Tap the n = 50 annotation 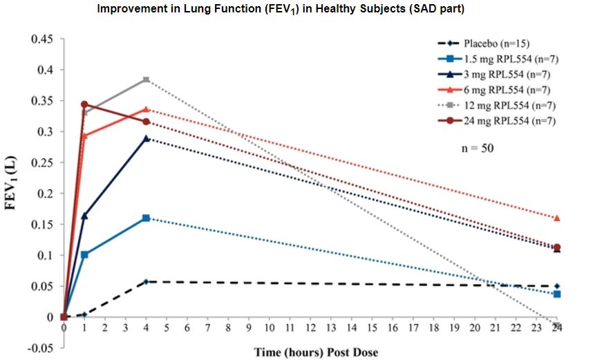coord(476,147)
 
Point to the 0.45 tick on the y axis coord(43,39)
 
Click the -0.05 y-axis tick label coord(41,348)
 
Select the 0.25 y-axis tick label coord(43,162)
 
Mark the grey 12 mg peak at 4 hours coord(146,79)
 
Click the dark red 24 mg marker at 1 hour coord(84,104)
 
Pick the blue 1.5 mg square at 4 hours coord(146,218)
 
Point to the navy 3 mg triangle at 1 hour coord(84,216)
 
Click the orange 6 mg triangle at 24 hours coord(556,218)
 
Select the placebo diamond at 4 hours coord(146,281)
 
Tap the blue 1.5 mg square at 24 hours coord(556,294)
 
